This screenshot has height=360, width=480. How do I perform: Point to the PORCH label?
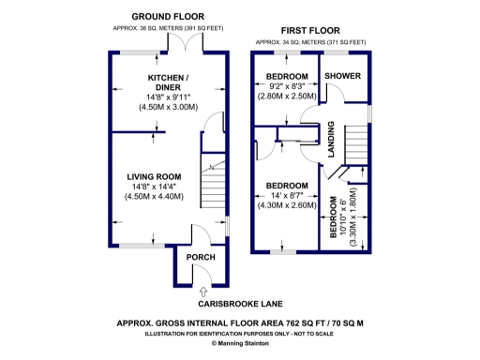pos(201,257)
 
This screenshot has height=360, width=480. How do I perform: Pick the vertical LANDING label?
pos(330,140)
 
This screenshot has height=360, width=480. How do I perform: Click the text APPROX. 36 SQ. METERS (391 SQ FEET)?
pos(169,28)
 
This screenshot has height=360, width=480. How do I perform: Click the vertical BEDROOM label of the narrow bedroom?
pos(334,217)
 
